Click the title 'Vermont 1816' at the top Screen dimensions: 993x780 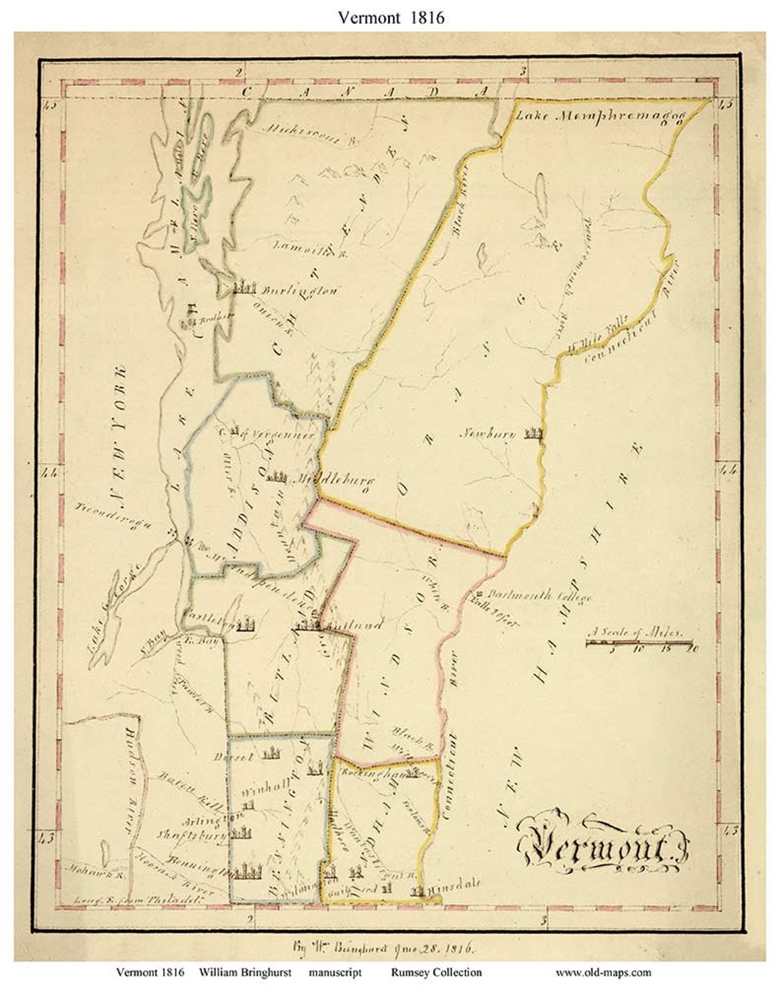tap(391, 17)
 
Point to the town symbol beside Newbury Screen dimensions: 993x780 tap(534, 433)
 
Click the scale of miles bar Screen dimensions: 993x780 tap(639, 642)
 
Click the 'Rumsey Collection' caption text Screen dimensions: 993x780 tap(436, 972)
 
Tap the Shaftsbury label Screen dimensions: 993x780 tap(191, 833)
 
